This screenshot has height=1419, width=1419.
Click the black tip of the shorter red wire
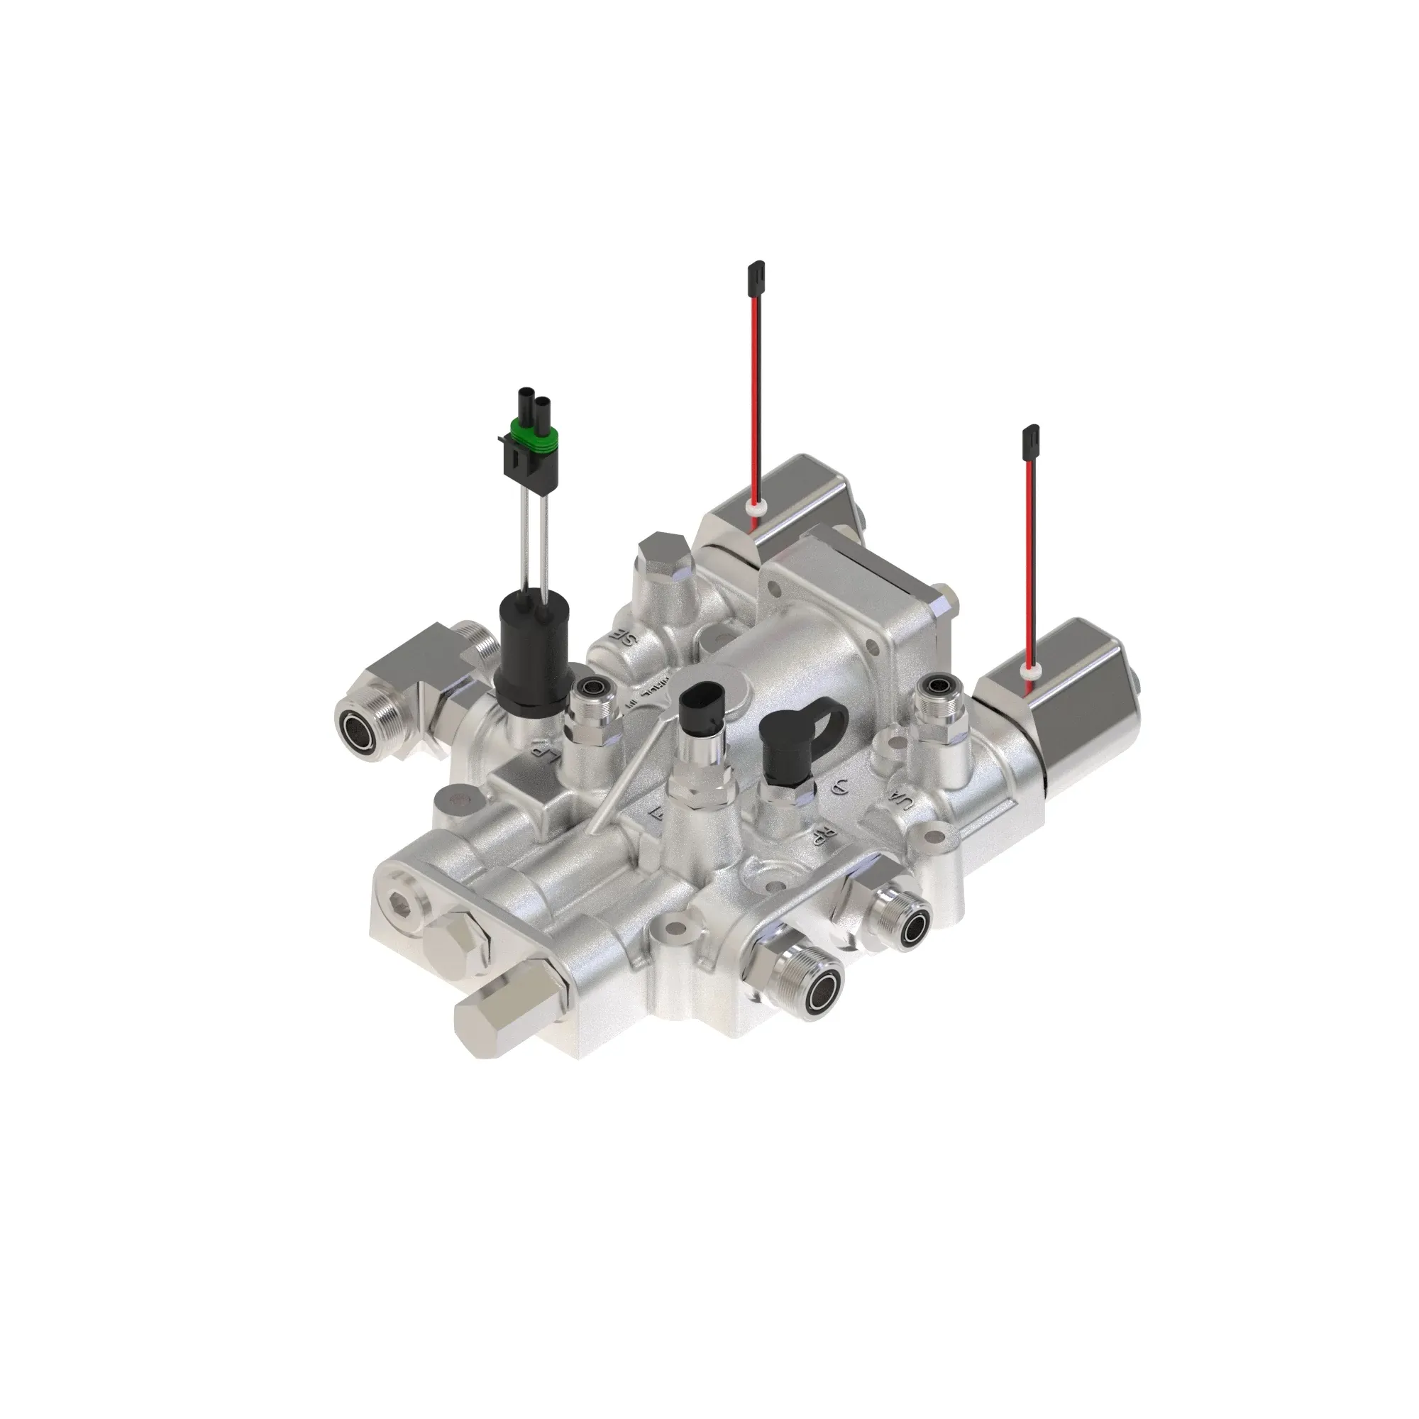pos(1028,438)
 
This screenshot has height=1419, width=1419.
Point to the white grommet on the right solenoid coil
pos(1029,670)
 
